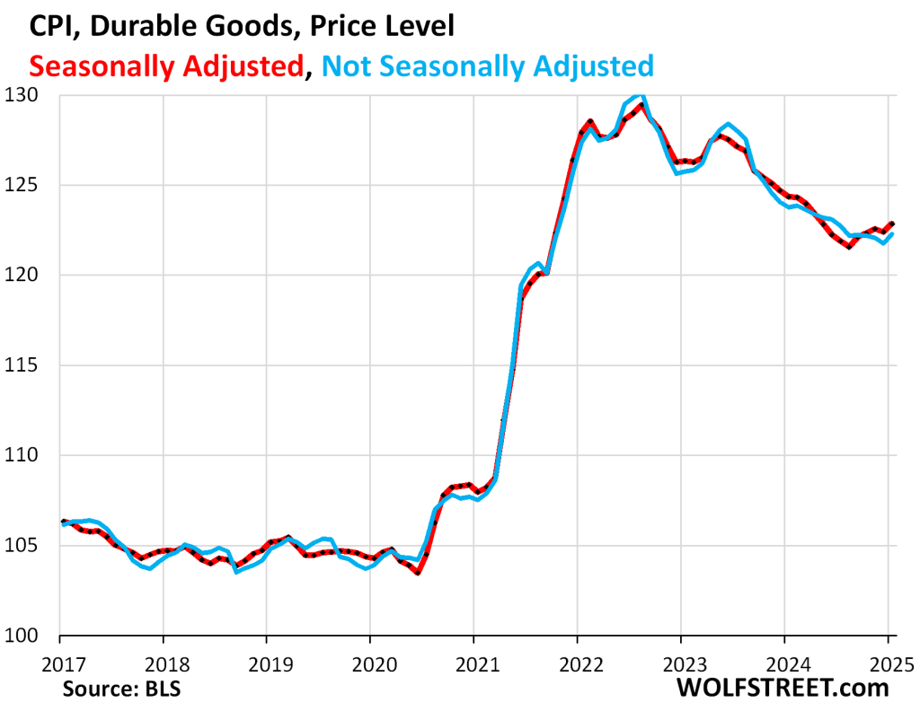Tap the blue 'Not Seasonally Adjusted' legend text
(485, 66)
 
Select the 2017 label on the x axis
(59, 664)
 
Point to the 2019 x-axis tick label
(266, 664)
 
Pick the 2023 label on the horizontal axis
(680, 664)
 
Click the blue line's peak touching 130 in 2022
(638, 95)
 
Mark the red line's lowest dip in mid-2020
(418, 573)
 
